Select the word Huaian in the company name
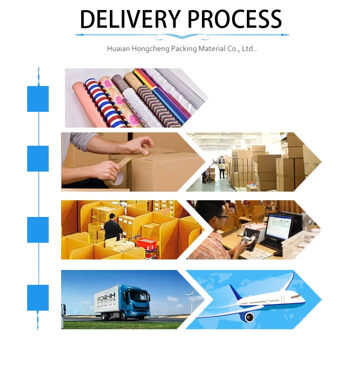[119, 49]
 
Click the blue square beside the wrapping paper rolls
[38, 99]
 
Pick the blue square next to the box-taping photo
[38, 159]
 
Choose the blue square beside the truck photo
[38, 298]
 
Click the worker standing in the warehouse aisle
[222, 167]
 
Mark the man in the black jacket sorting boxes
[113, 228]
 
